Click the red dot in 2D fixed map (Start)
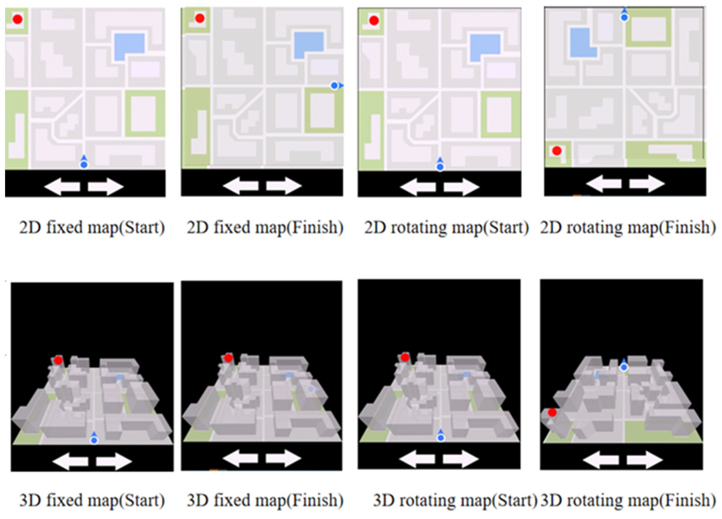pyautogui.click(x=18, y=19)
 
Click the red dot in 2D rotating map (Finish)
pyautogui.click(x=557, y=150)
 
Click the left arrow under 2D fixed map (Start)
pyautogui.click(x=62, y=187)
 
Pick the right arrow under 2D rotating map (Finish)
pyautogui.click(x=647, y=184)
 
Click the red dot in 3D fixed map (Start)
pyautogui.click(x=58, y=360)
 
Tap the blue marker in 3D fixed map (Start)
pyautogui.click(x=94, y=438)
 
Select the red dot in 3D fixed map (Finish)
pyautogui.click(x=228, y=358)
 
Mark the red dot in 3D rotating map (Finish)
pyautogui.click(x=552, y=412)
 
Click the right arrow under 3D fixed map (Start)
pyautogui.click(x=114, y=461)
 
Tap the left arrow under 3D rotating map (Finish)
pyautogui.click(x=601, y=460)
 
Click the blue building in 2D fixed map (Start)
pyautogui.click(x=129, y=46)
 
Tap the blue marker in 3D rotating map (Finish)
pyautogui.click(x=624, y=365)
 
